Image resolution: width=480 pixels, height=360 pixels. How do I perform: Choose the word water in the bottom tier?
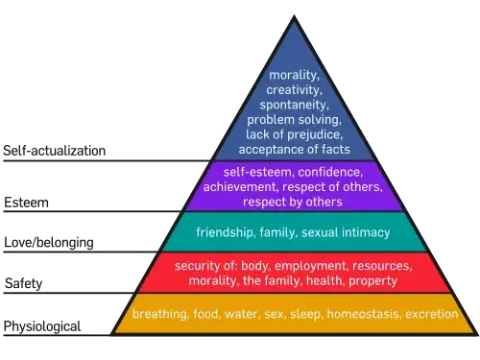(x=244, y=314)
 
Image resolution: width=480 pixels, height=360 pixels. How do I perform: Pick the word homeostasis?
(x=363, y=314)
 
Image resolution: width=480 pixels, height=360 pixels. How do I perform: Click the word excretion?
(x=433, y=314)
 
